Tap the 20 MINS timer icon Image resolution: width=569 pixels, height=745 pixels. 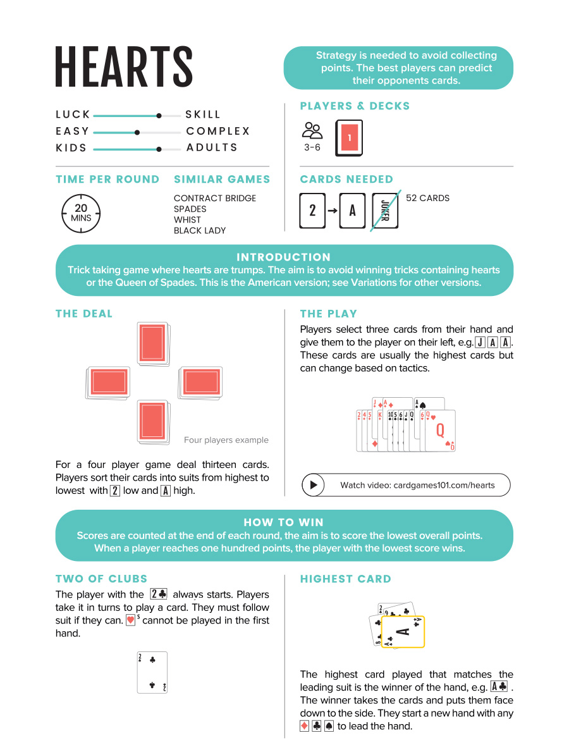pyautogui.click(x=81, y=212)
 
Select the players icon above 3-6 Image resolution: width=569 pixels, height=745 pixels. pyautogui.click(x=312, y=131)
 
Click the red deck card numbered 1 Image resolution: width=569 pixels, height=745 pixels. pyautogui.click(x=349, y=138)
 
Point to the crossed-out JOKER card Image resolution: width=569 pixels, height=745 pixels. pyautogui.click(x=385, y=210)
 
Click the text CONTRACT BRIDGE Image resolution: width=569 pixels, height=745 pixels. pyautogui.click(x=215, y=198)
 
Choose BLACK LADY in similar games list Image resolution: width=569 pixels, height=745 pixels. pyautogui.click(x=200, y=230)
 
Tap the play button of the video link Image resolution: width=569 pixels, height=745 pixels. pyautogui.click(x=313, y=485)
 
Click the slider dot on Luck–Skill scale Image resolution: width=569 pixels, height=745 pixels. pyautogui.click(x=159, y=116)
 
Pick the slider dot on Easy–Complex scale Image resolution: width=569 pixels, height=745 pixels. pyautogui.click(x=137, y=132)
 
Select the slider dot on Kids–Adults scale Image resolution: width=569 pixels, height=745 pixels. pyautogui.click(x=159, y=149)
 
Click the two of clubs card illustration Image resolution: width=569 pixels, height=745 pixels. pyautogui.click(x=152, y=672)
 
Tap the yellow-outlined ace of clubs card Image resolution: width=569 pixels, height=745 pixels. pyautogui.click(x=403, y=631)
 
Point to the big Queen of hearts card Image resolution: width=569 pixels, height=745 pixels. pyautogui.click(x=440, y=431)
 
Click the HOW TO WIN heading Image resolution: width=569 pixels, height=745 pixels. pyautogui.click(x=283, y=522)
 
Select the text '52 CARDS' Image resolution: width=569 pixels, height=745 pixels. pyautogui.click(x=427, y=198)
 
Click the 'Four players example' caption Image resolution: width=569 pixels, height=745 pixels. pyautogui.click(x=226, y=440)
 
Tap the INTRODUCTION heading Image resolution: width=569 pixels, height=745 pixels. pyautogui.click(x=283, y=257)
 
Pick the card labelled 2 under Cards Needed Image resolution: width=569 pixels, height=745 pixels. pyautogui.click(x=312, y=210)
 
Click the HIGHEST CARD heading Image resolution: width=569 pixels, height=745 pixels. pyautogui.click(x=345, y=579)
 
